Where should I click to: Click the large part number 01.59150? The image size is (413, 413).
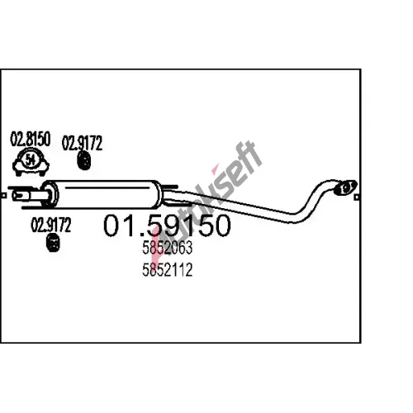167,225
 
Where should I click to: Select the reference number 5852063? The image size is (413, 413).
167,248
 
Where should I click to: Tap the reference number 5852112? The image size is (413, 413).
167,269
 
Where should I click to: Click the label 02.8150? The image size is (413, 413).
31,139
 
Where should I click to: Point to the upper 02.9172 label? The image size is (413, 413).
82,143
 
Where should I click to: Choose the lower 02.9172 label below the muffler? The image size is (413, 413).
51,225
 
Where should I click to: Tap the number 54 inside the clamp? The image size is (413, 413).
31,160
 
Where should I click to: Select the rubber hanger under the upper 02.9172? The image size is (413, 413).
84,160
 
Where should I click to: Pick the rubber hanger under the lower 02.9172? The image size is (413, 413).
53,243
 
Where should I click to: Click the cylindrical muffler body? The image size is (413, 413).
102,194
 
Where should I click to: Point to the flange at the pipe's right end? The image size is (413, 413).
345,188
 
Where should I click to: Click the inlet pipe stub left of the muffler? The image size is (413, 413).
27,196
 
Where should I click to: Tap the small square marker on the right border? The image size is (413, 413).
357,197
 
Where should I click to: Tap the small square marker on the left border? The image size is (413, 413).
4,196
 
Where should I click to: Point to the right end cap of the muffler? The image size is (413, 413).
158,194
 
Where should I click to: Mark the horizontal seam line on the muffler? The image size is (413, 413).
107,188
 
